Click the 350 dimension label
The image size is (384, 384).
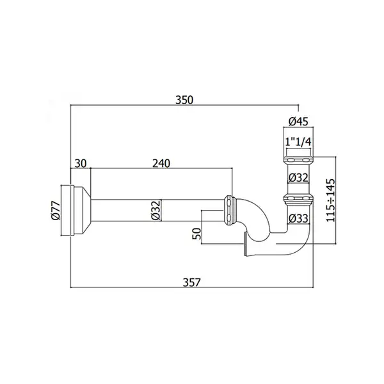(184, 100)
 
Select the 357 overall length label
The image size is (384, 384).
(192, 282)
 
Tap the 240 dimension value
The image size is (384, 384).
(161, 163)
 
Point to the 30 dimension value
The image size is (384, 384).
(81, 163)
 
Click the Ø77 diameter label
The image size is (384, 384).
(56, 211)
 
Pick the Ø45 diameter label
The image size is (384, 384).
(298, 122)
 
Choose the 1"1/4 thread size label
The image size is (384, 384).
(298, 142)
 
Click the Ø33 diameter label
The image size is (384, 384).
(298, 218)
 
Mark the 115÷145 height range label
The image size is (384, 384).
(330, 200)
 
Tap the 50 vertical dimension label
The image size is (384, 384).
(196, 234)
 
